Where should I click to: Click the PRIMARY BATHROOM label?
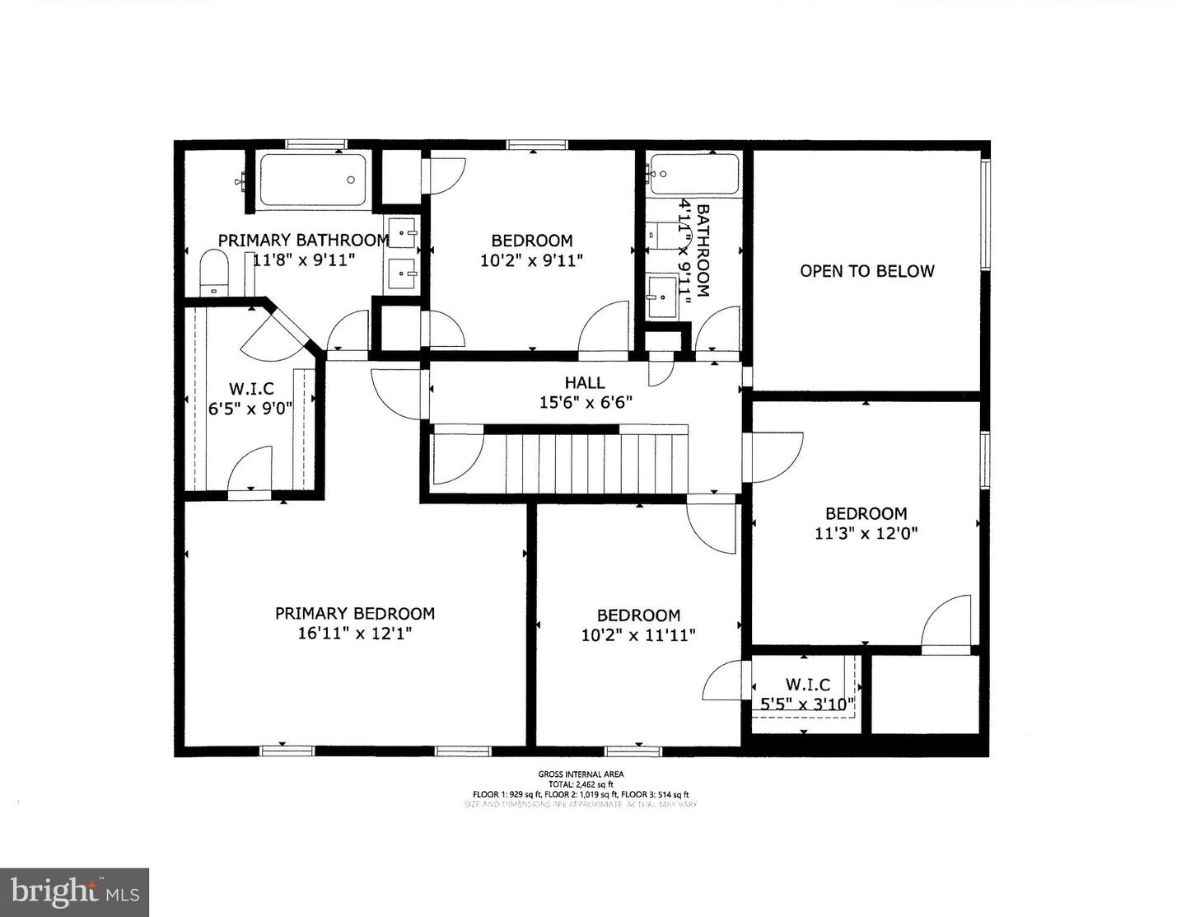(303, 240)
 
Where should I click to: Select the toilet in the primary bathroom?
(213, 273)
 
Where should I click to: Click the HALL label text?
(585, 382)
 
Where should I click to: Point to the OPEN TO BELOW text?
(867, 271)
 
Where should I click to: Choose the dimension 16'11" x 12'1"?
(354, 634)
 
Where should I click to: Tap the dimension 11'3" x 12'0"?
(866, 533)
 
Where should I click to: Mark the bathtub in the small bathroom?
(693, 174)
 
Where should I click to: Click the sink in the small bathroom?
(661, 292)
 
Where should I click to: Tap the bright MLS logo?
(74, 892)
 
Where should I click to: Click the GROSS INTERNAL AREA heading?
(581, 774)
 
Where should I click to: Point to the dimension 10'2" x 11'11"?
(638, 635)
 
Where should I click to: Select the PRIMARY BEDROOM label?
(354, 613)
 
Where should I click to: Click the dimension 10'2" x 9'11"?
(531, 261)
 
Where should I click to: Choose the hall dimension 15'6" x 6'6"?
(585, 403)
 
